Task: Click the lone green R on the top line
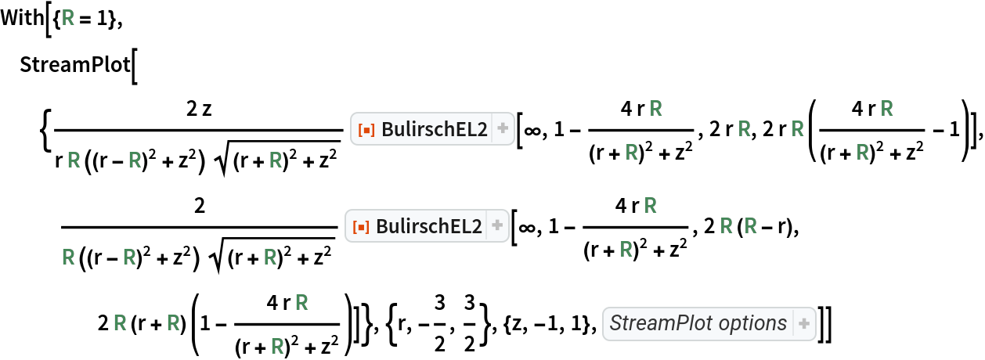(68, 19)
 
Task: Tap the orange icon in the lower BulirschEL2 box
(361, 227)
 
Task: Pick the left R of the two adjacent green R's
(727, 227)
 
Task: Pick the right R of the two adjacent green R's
(751, 227)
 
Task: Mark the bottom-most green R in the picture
(277, 345)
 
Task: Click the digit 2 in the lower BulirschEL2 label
(478, 227)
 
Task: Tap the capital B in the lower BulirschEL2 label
(383, 227)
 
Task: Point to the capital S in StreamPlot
(615, 323)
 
